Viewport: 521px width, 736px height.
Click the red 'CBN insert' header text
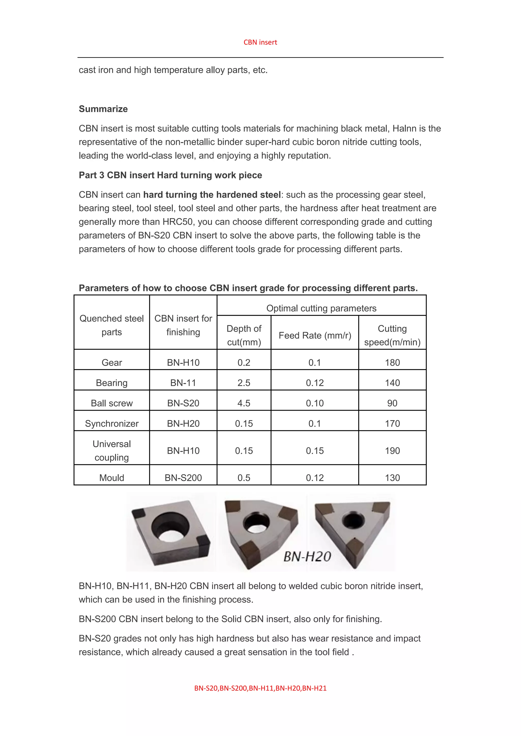(x=260, y=42)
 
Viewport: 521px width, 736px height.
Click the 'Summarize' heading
(x=103, y=109)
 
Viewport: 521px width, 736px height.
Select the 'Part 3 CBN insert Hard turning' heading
(x=170, y=175)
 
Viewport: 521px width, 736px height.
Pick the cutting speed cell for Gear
(x=392, y=363)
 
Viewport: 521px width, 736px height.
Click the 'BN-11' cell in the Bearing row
(x=183, y=383)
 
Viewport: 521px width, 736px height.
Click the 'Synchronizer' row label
(x=112, y=423)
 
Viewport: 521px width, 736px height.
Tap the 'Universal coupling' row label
(x=112, y=450)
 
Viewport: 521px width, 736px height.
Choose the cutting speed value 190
(x=392, y=451)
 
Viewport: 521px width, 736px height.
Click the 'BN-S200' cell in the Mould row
(x=183, y=478)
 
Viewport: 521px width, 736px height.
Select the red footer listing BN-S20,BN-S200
(x=260, y=688)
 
